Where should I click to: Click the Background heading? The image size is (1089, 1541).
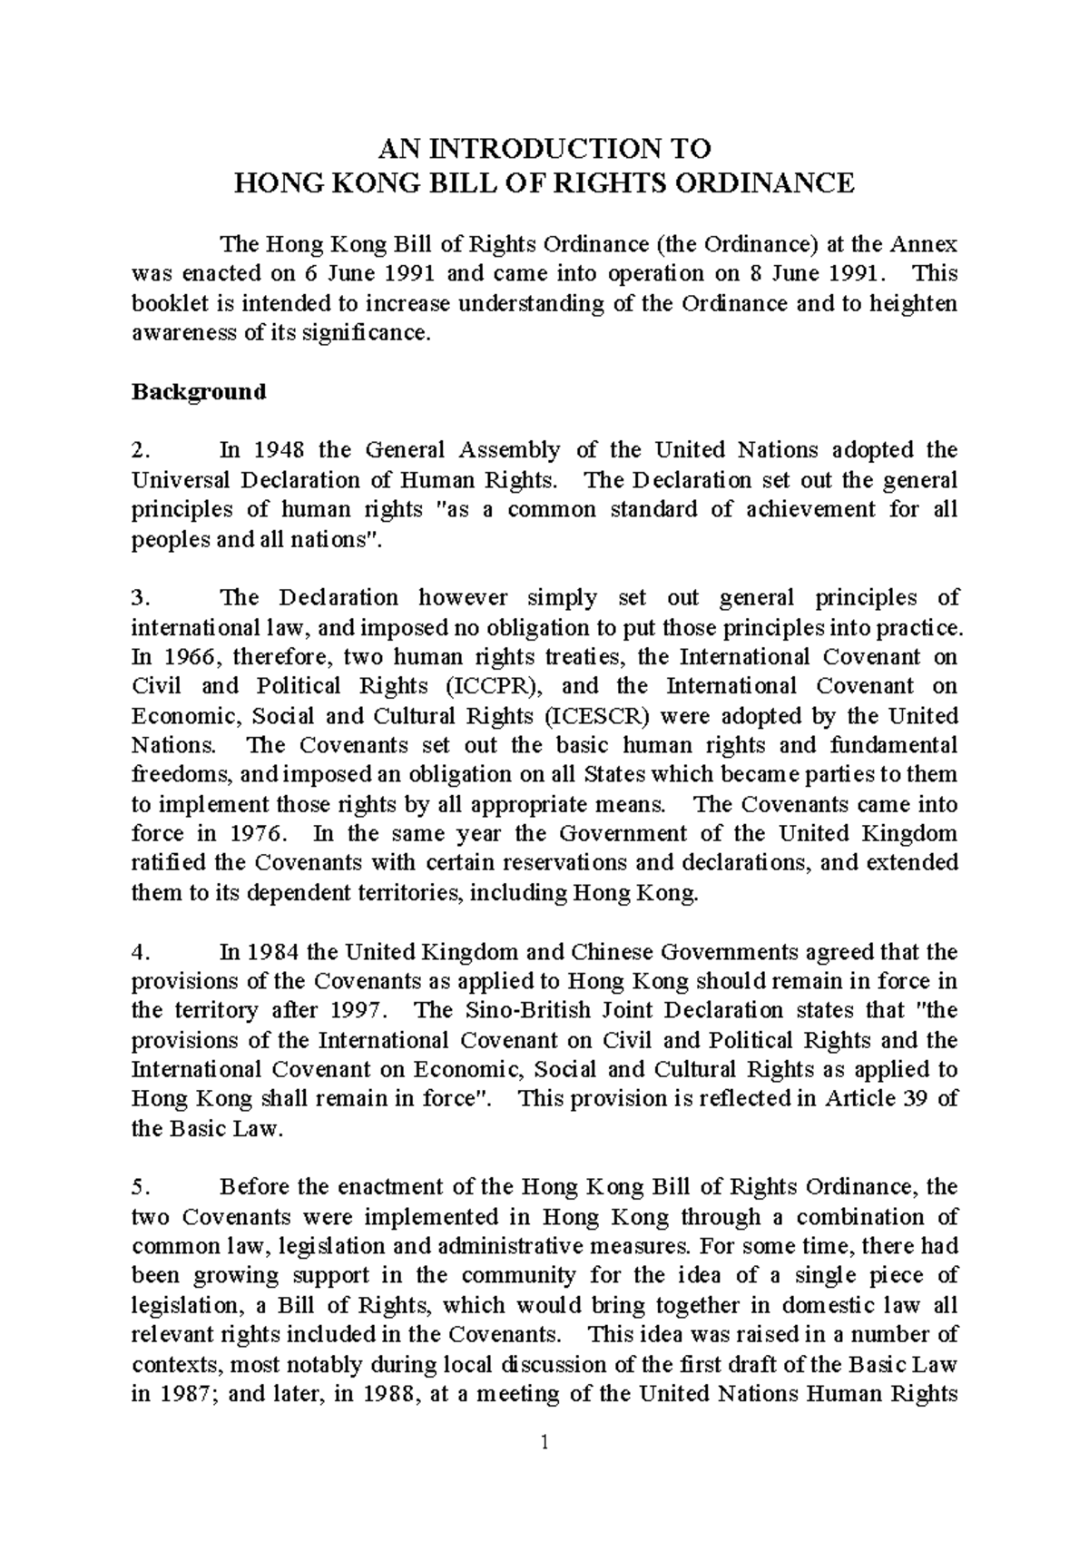pyautogui.click(x=199, y=392)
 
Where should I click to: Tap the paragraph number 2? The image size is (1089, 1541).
pyautogui.click(x=138, y=450)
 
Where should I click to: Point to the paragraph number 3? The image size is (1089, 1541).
pyautogui.click(x=138, y=598)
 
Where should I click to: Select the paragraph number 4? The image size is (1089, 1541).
pyautogui.click(x=138, y=952)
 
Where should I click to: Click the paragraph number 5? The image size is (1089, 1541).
pyautogui.click(x=138, y=1187)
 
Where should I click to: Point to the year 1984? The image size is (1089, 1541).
pyautogui.click(x=274, y=952)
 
